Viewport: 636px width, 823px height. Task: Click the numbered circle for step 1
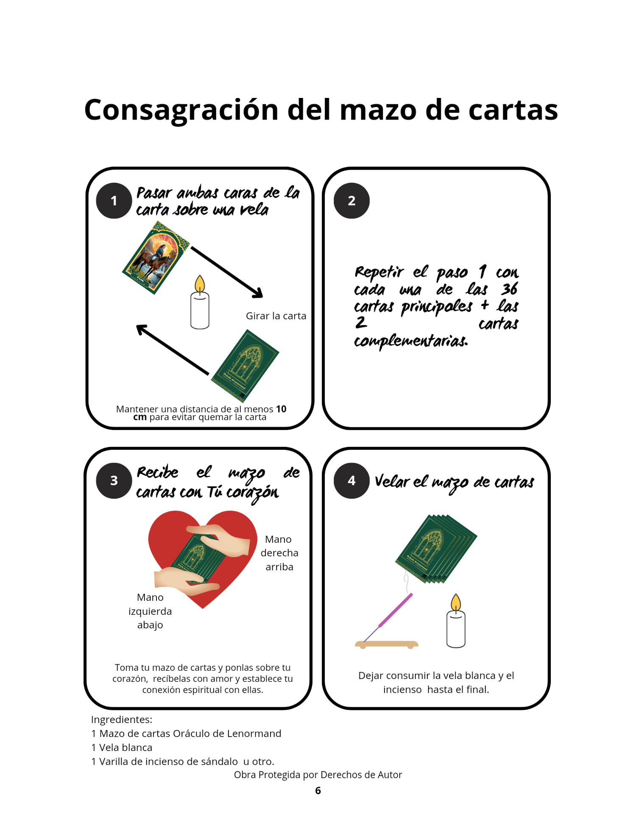pyautogui.click(x=114, y=201)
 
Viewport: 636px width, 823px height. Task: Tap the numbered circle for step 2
pyautogui.click(x=351, y=201)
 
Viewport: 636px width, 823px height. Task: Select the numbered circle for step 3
pyautogui.click(x=114, y=480)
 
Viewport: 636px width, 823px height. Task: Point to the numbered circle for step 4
pyautogui.click(x=351, y=480)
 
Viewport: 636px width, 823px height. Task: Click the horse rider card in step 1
pyautogui.click(x=156, y=258)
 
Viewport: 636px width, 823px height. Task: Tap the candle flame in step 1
pyautogui.click(x=200, y=283)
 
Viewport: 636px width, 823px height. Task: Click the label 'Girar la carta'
pyautogui.click(x=276, y=316)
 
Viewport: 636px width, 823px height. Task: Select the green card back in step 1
pyautogui.click(x=245, y=365)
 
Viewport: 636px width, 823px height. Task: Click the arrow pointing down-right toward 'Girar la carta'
pyautogui.click(x=227, y=272)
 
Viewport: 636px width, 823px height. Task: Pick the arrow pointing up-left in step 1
pyautogui.click(x=173, y=350)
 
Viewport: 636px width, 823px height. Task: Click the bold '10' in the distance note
pyautogui.click(x=281, y=409)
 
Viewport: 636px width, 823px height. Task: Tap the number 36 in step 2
pyautogui.click(x=509, y=289)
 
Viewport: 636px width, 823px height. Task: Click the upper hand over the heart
pyautogui.click(x=218, y=540)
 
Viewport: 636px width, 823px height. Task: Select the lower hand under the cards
pyautogui.click(x=187, y=580)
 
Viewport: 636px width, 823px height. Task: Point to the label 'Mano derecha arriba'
pyautogui.click(x=279, y=553)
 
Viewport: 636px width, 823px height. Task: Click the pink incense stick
pyautogui.click(x=395, y=610)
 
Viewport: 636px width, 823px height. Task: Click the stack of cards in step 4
pyautogui.click(x=436, y=549)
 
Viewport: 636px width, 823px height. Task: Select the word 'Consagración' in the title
pyautogui.click(x=181, y=110)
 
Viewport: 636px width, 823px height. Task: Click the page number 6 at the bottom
pyautogui.click(x=318, y=790)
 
